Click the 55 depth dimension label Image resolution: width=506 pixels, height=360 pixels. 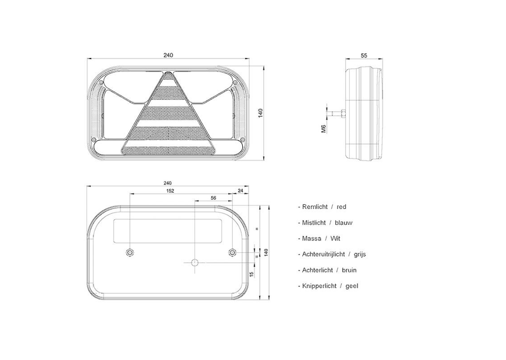[x=364, y=56]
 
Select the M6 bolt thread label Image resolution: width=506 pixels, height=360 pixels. [x=324, y=129]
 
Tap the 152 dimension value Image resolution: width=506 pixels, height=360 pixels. [x=170, y=191]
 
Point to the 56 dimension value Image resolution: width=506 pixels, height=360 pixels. [x=214, y=198]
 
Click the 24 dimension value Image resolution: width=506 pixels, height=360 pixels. [x=240, y=191]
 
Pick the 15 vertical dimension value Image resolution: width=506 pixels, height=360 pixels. [x=252, y=274]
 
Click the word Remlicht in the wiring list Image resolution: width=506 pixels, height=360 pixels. [x=315, y=207]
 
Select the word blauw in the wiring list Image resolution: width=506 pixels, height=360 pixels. [x=344, y=222]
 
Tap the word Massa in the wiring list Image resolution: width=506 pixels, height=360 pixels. [x=311, y=238]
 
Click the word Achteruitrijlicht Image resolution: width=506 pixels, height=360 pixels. [x=323, y=254]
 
